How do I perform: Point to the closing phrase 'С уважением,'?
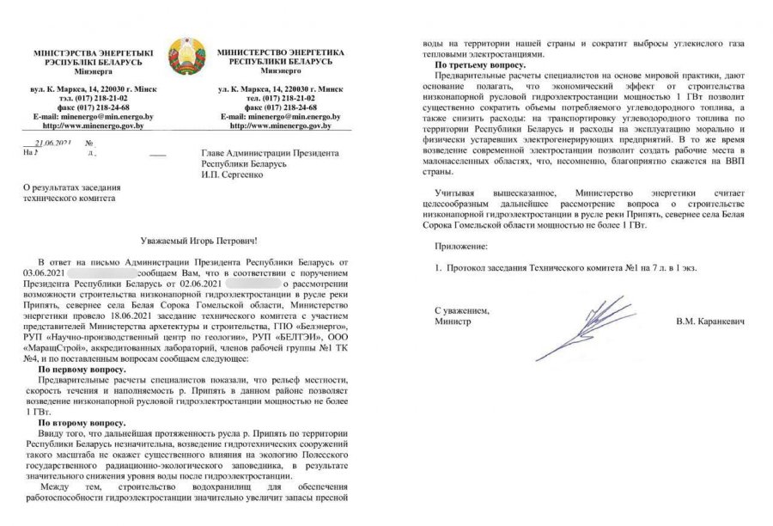click(461, 309)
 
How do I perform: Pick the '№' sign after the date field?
click(89, 144)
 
